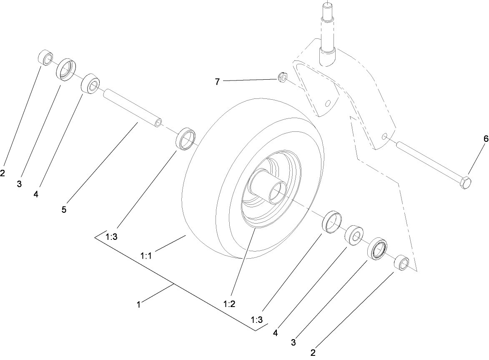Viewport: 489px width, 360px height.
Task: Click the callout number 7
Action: [217, 82]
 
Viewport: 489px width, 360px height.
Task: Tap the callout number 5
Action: [64, 210]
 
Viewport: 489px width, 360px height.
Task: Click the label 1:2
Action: [229, 304]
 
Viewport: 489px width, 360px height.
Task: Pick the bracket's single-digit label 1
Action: [138, 305]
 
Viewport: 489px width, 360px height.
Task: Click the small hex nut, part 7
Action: [282, 77]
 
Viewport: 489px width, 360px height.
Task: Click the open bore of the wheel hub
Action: [276, 193]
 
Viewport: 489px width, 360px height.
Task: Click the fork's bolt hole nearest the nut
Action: [328, 103]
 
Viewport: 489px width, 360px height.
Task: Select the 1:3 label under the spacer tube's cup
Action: [111, 237]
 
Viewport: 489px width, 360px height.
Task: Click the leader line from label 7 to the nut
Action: [250, 79]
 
